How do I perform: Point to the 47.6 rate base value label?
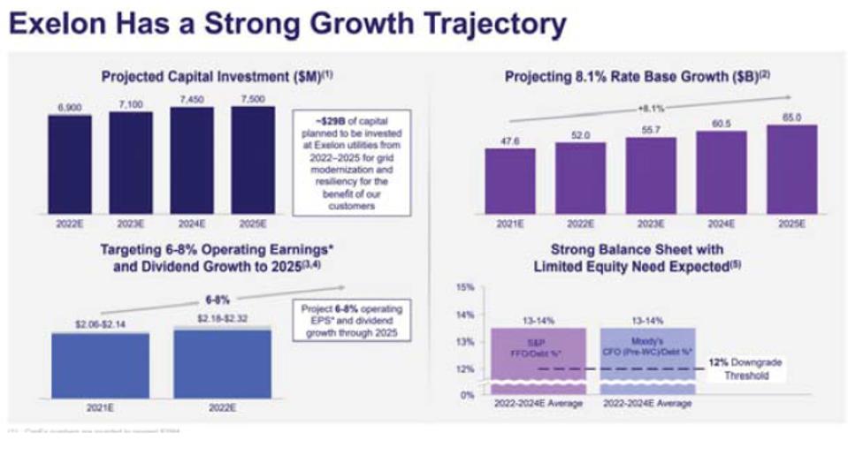point(509,141)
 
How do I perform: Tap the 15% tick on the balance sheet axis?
point(467,288)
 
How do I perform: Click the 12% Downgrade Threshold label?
point(744,369)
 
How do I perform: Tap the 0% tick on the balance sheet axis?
point(468,394)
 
